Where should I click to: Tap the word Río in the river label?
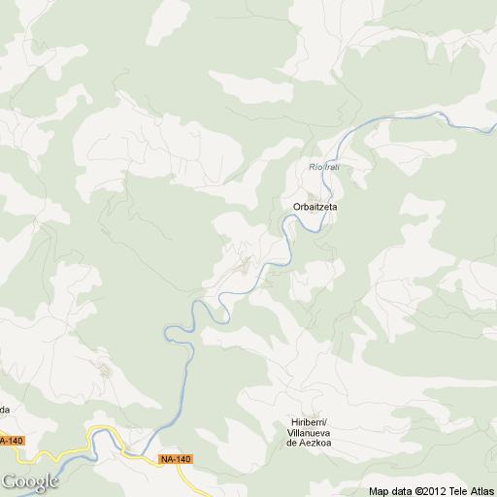tap(315, 167)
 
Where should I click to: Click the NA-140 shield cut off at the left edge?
tap(10, 441)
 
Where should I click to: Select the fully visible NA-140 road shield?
tap(176, 459)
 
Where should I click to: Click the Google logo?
tap(30, 481)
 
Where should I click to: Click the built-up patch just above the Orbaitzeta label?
tap(313, 194)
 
